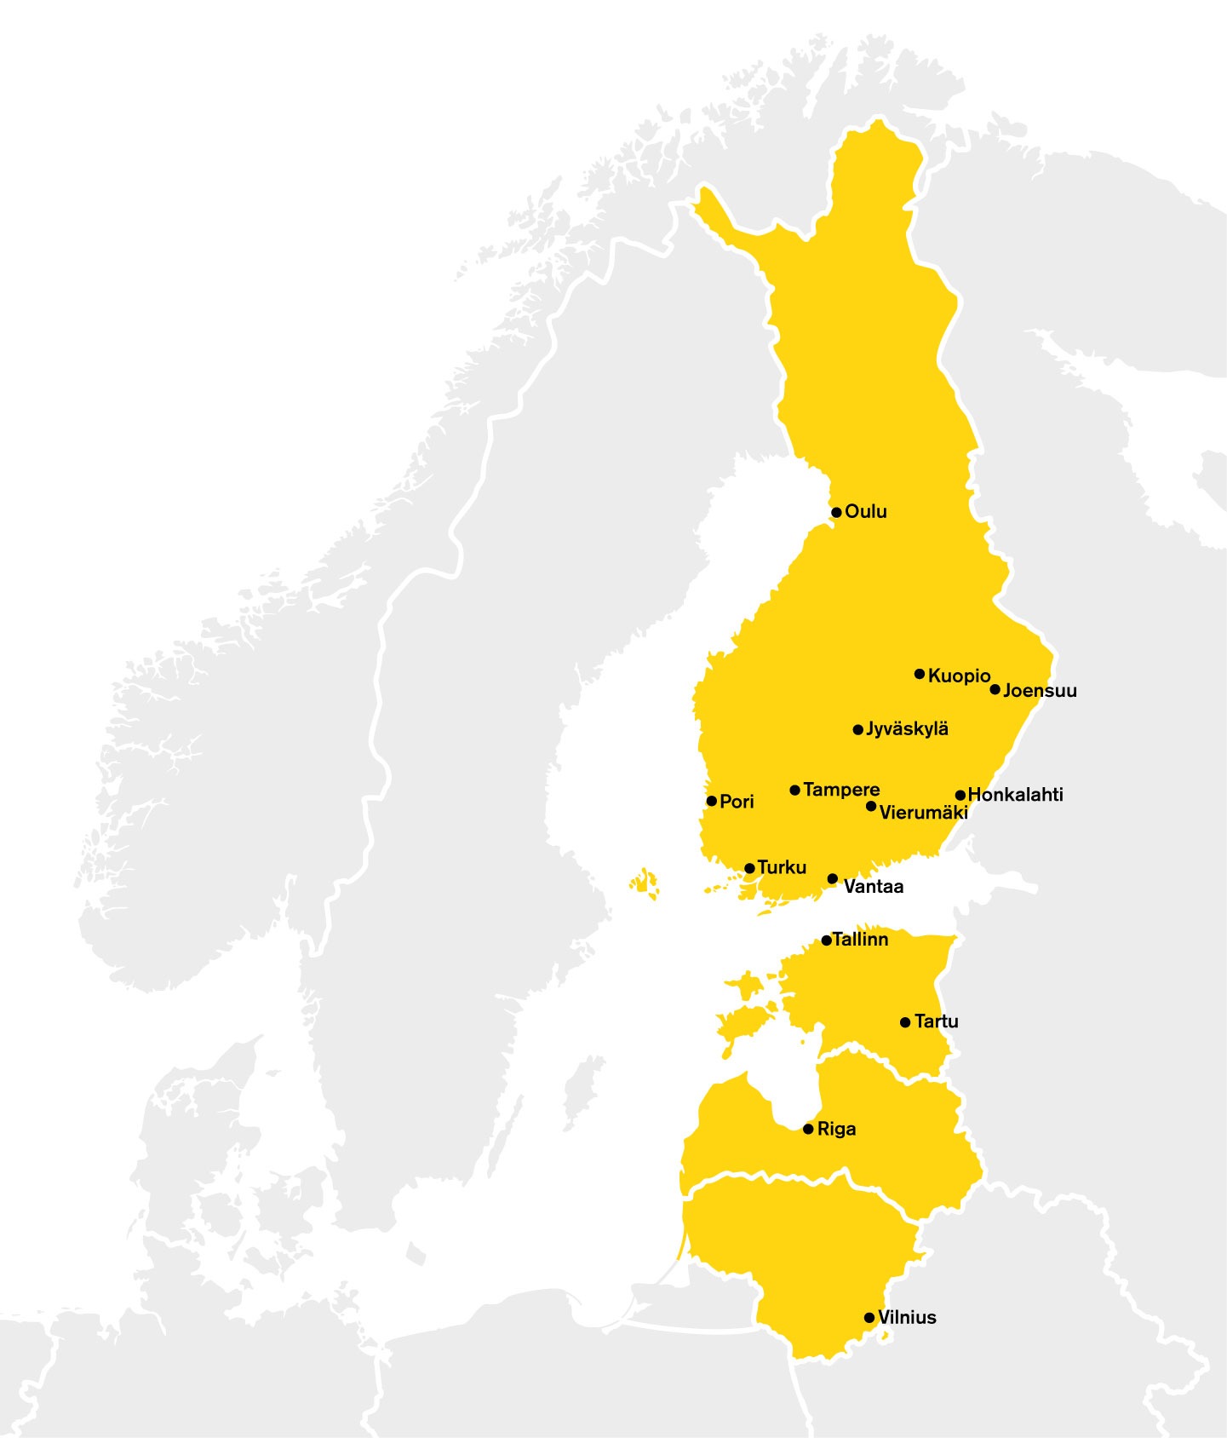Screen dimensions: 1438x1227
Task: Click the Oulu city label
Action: pyautogui.click(x=865, y=511)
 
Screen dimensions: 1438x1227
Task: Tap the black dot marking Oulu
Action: pyautogui.click(x=836, y=513)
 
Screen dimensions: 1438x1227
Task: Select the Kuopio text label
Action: pyautogui.click(x=959, y=676)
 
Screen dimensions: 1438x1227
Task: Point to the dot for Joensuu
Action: pyautogui.click(x=995, y=689)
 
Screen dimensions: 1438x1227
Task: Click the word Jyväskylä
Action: pyautogui.click(x=907, y=729)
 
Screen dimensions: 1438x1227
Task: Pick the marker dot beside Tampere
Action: pyautogui.click(x=794, y=791)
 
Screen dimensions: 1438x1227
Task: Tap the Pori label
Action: pyautogui.click(x=737, y=802)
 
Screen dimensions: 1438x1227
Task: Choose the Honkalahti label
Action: pyautogui.click(x=1015, y=795)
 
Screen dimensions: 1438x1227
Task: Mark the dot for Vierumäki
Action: pyautogui.click(x=870, y=806)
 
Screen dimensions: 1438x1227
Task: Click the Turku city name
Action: pyautogui.click(x=781, y=868)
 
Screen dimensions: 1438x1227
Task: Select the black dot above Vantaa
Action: pyautogui.click(x=832, y=879)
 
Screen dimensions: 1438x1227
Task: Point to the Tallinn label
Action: pyautogui.click(x=860, y=940)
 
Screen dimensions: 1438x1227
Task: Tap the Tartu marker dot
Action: pyautogui.click(x=905, y=1022)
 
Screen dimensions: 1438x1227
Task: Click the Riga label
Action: pyautogui.click(x=836, y=1130)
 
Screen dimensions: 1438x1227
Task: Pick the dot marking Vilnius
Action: pyautogui.click(x=869, y=1318)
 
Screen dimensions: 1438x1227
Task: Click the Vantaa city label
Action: pyautogui.click(x=873, y=887)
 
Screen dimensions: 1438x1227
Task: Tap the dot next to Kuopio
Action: pyautogui.click(x=919, y=674)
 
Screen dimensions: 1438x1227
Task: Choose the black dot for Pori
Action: pyautogui.click(x=711, y=801)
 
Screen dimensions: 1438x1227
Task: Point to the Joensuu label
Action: pyautogui.click(x=1039, y=691)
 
